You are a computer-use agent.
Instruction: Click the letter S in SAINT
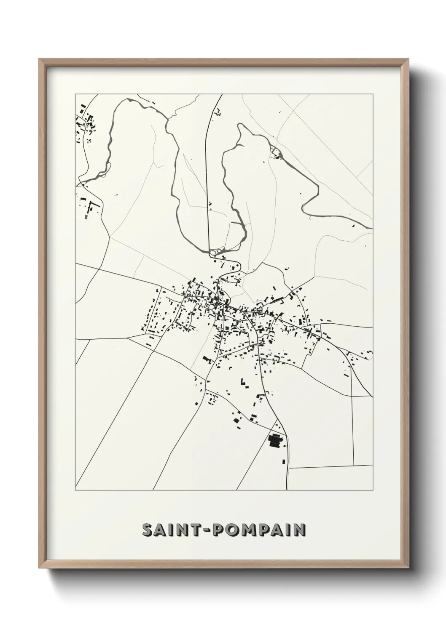148,530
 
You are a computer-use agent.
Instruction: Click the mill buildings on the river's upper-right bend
276,155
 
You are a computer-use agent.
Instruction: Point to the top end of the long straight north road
221,96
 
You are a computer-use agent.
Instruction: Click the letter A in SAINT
163,530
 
